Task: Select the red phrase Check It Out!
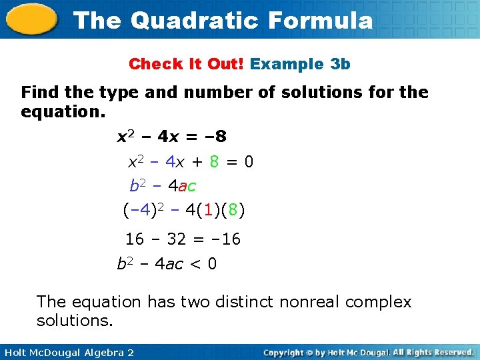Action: coord(187,64)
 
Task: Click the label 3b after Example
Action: coord(340,64)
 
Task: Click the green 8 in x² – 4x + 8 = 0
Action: coord(214,162)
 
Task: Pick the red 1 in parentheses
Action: coord(209,211)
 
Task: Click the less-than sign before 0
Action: coord(195,264)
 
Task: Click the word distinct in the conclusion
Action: coord(243,302)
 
